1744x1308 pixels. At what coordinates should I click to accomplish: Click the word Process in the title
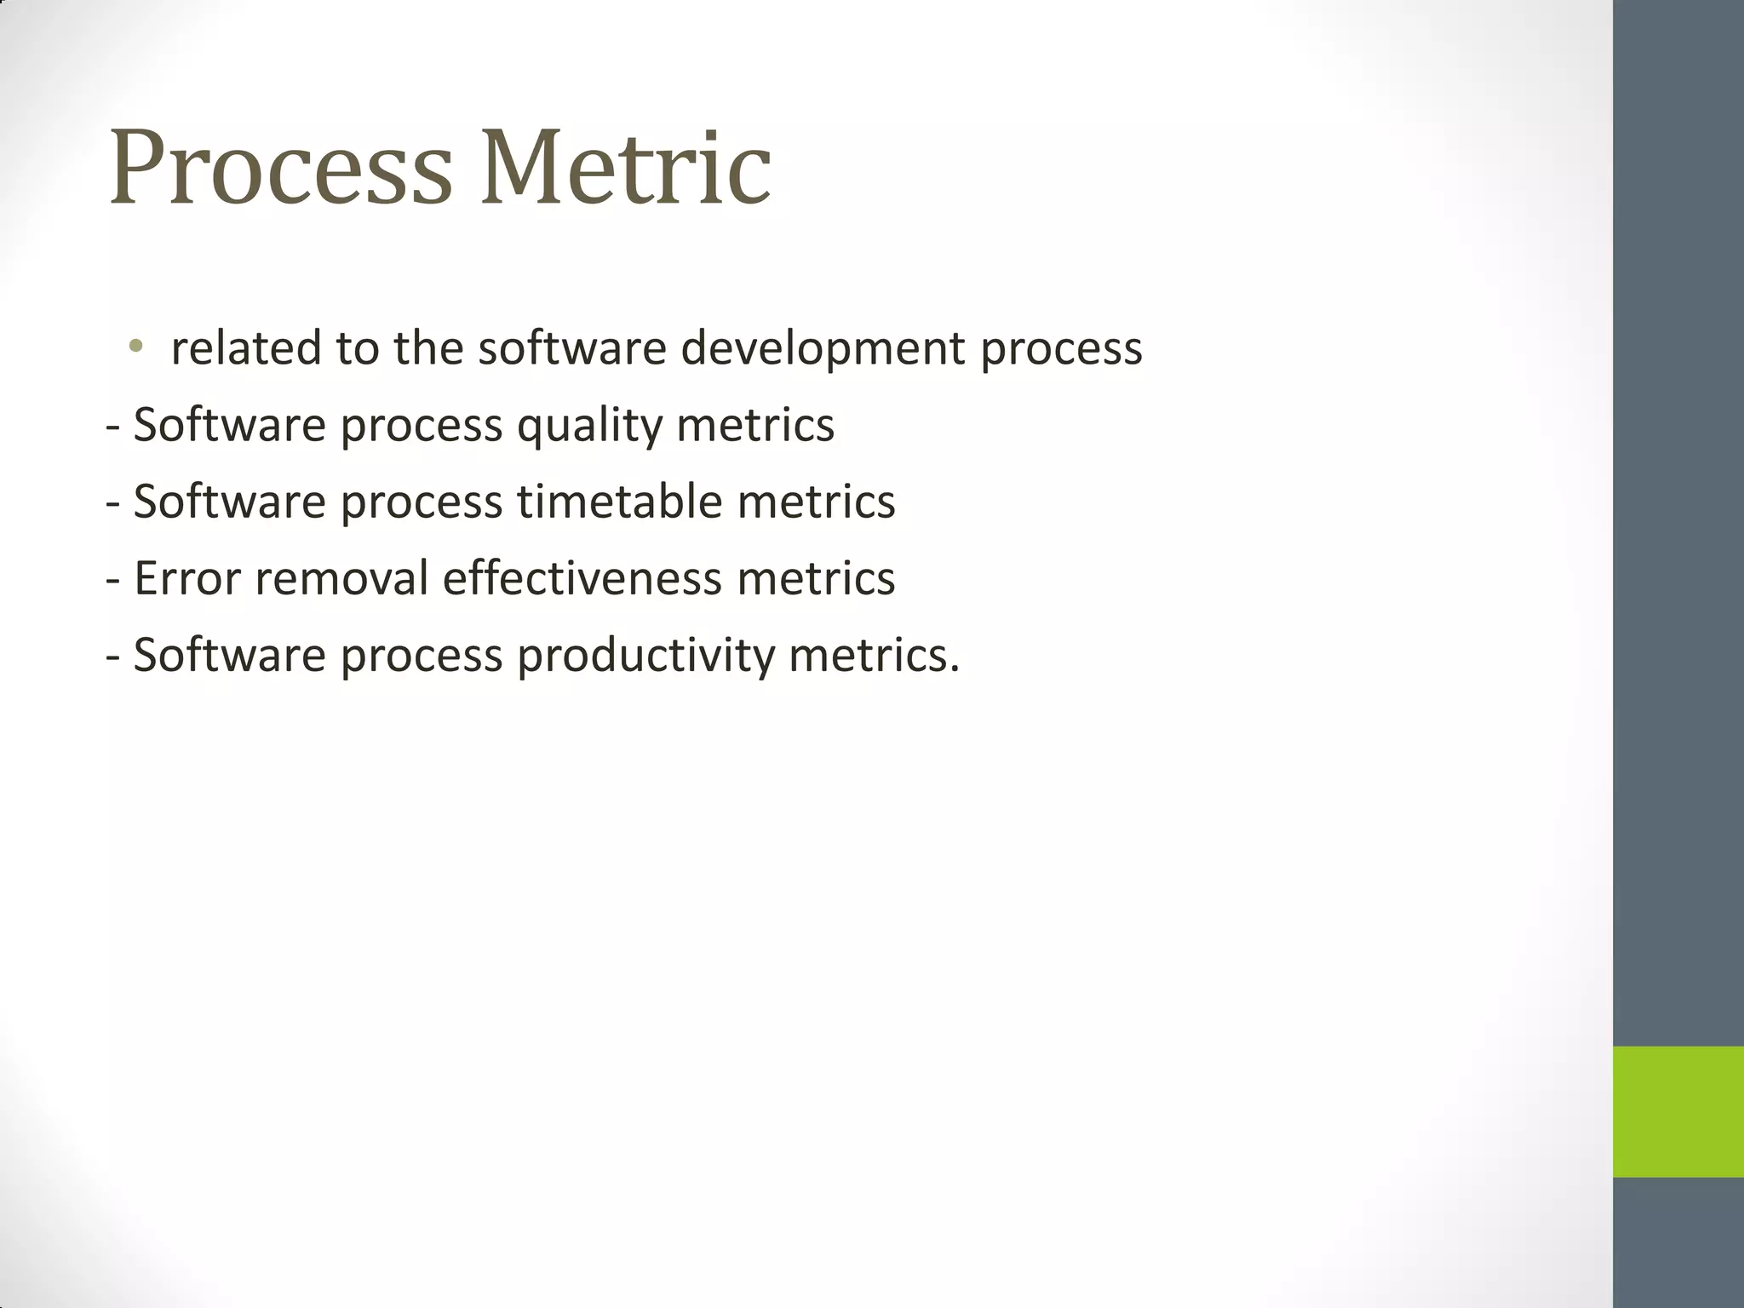pos(280,168)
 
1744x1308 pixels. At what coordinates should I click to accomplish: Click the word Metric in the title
pos(626,168)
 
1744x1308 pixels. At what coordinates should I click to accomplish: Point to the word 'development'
pos(823,348)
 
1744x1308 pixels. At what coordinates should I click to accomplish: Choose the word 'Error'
pos(186,578)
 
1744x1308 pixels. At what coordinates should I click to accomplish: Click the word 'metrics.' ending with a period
pos(874,656)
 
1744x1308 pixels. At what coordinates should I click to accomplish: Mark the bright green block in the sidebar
pos(1678,1111)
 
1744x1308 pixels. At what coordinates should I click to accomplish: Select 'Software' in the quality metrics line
pos(229,425)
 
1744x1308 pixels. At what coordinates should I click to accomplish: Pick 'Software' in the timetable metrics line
pos(229,501)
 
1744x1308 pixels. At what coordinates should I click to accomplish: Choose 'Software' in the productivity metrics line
pos(229,656)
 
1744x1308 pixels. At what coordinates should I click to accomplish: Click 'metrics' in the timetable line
pos(816,501)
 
